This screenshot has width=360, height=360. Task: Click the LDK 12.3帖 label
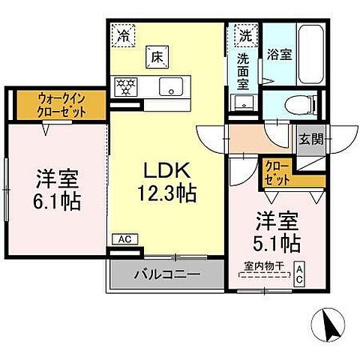click(167, 182)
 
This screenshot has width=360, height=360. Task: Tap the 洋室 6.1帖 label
click(56, 191)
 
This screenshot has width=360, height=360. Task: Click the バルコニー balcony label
click(166, 274)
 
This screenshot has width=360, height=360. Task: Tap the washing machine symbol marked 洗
click(244, 34)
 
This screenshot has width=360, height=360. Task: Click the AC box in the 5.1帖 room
click(299, 271)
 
